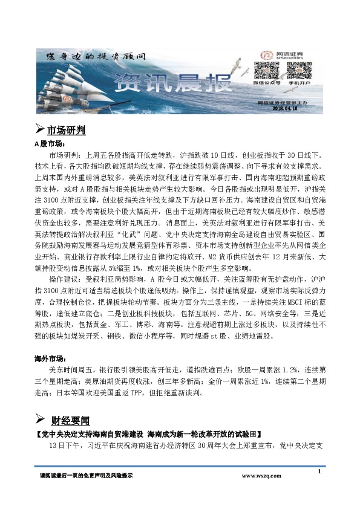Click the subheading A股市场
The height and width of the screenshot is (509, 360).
click(x=48, y=144)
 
